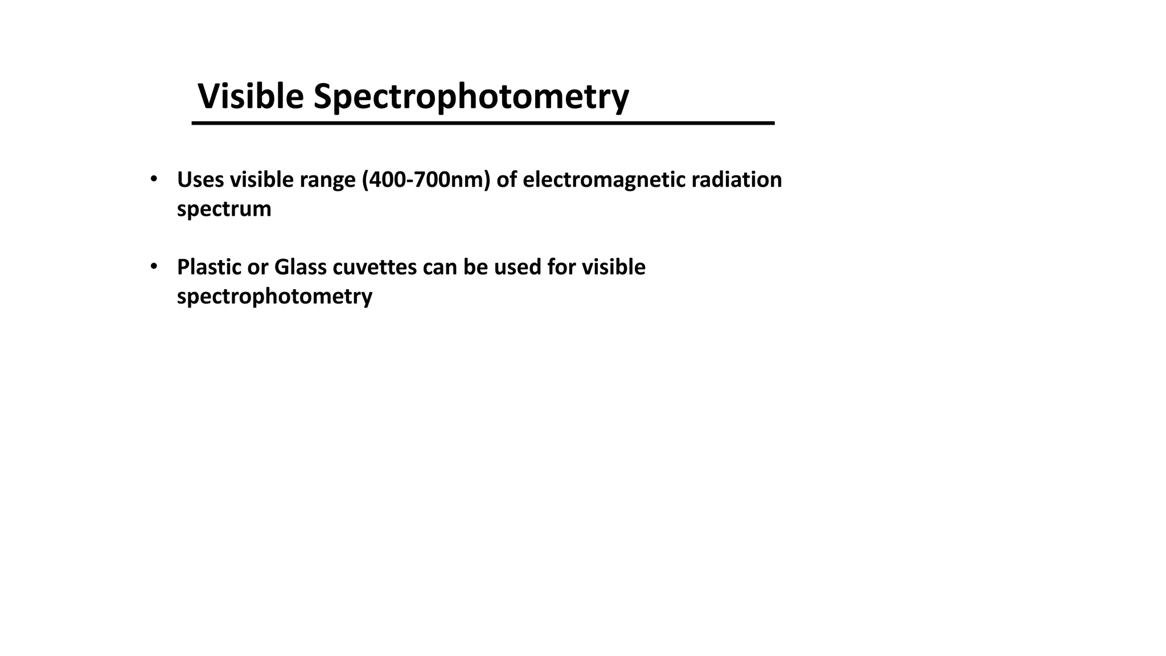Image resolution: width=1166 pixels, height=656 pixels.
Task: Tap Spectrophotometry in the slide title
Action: click(x=471, y=97)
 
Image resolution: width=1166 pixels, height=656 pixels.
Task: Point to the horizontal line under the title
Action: click(x=483, y=123)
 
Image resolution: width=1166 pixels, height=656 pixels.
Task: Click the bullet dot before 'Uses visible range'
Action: click(x=153, y=179)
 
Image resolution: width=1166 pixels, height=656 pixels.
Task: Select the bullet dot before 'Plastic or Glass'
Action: click(x=153, y=266)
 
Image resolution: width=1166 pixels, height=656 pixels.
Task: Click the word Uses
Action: click(x=200, y=180)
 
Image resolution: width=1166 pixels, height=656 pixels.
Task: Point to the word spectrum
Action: click(x=224, y=210)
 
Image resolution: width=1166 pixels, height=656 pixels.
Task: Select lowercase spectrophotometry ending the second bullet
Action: click(x=274, y=297)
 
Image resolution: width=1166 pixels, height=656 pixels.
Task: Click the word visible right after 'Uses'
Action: click(x=261, y=180)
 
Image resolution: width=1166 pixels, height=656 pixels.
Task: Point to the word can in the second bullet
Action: click(x=440, y=267)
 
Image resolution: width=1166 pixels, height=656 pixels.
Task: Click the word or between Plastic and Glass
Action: click(x=257, y=267)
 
